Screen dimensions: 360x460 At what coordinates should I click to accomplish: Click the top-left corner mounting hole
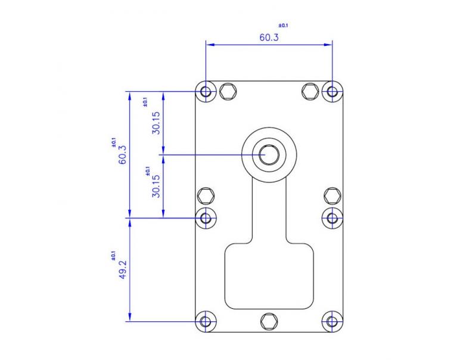pyautogui.click(x=206, y=92)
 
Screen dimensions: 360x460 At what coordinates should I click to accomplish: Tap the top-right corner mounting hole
pyautogui.click(x=332, y=92)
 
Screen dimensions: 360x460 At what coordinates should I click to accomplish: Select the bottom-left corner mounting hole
pyautogui.click(x=206, y=321)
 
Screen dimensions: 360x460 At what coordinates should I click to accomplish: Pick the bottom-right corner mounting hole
pyautogui.click(x=332, y=321)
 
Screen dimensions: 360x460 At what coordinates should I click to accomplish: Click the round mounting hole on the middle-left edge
pyautogui.click(x=206, y=218)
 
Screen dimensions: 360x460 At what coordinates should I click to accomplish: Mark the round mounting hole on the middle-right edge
pyautogui.click(x=332, y=218)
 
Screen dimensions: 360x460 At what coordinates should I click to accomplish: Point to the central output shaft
pyautogui.click(x=269, y=154)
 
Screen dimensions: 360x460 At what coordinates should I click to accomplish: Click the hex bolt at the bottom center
pyautogui.click(x=269, y=321)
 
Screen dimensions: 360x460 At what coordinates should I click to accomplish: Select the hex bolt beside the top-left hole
pyautogui.click(x=227, y=91)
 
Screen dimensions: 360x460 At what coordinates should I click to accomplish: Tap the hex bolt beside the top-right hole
pyautogui.click(x=309, y=91)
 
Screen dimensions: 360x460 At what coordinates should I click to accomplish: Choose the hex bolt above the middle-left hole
pyautogui.click(x=206, y=195)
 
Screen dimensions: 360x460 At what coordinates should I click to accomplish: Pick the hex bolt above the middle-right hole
pyautogui.click(x=332, y=195)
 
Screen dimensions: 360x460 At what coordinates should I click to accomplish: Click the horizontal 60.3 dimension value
pyautogui.click(x=269, y=37)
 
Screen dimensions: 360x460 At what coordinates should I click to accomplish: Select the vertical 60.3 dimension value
pyautogui.click(x=123, y=154)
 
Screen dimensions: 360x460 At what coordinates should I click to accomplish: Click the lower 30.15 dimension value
pyautogui.click(x=156, y=186)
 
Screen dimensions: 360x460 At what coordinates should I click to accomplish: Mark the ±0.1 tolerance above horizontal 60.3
pyautogui.click(x=283, y=26)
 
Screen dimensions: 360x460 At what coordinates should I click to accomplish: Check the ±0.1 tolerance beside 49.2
pyautogui.click(x=113, y=255)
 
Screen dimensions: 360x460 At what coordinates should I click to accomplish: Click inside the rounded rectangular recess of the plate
pyautogui.click(x=269, y=277)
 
